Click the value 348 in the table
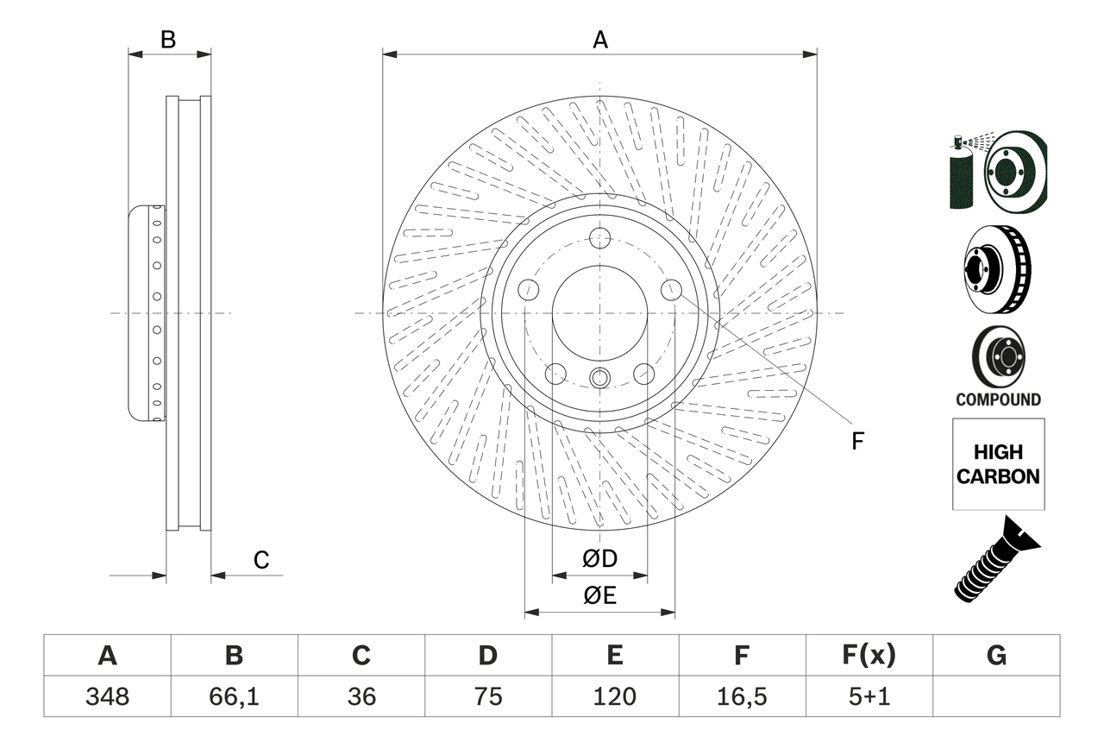107,696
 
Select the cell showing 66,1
234,696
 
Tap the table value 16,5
741,696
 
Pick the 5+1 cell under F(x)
869,696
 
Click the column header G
996,656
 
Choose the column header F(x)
869,656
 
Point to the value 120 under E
614,696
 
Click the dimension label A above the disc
599,40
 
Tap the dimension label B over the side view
169,40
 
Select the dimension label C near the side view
261,560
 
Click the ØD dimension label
599,559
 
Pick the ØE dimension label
599,595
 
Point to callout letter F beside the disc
856,441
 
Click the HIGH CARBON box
998,464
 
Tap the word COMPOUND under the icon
998,399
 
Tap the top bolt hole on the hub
599,238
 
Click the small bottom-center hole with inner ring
599,377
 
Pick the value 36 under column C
361,696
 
